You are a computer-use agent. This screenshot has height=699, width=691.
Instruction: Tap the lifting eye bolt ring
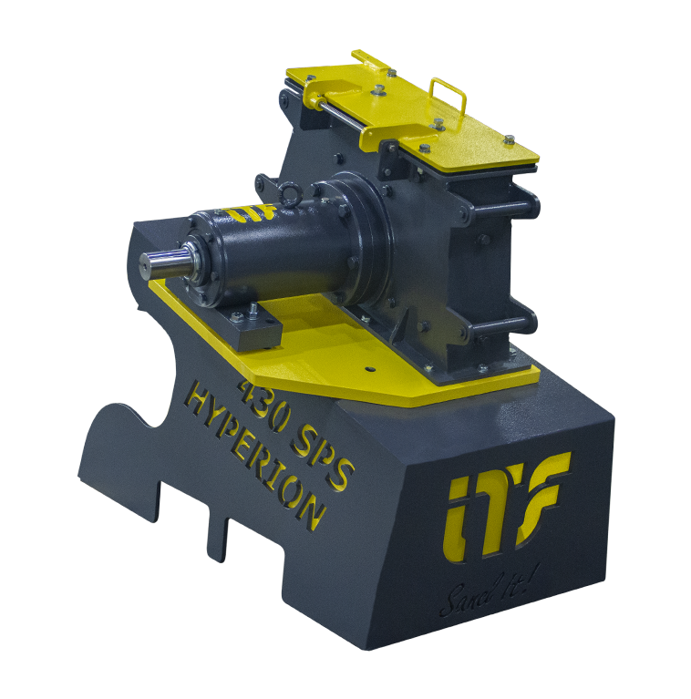[x=291, y=195]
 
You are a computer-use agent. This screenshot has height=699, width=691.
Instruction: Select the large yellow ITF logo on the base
[x=508, y=506]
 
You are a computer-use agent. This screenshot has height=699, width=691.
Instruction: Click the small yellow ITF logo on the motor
[x=250, y=213]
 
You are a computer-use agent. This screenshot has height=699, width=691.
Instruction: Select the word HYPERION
[x=254, y=459]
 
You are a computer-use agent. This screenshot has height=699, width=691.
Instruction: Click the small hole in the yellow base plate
[x=369, y=369]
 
